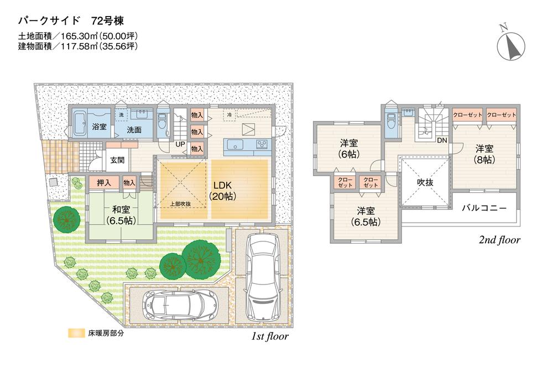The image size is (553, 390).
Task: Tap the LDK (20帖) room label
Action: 222,191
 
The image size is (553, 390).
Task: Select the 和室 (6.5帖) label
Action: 121,214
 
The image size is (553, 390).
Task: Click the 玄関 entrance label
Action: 117,160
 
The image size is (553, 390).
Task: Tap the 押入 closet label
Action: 104,182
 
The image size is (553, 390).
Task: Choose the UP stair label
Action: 180,144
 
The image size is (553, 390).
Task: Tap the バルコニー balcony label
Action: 484,209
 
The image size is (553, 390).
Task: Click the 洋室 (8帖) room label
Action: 485,154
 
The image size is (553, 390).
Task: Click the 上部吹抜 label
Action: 180,204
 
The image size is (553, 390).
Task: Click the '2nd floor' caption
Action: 499,240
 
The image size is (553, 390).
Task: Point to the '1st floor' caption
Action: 267,336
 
